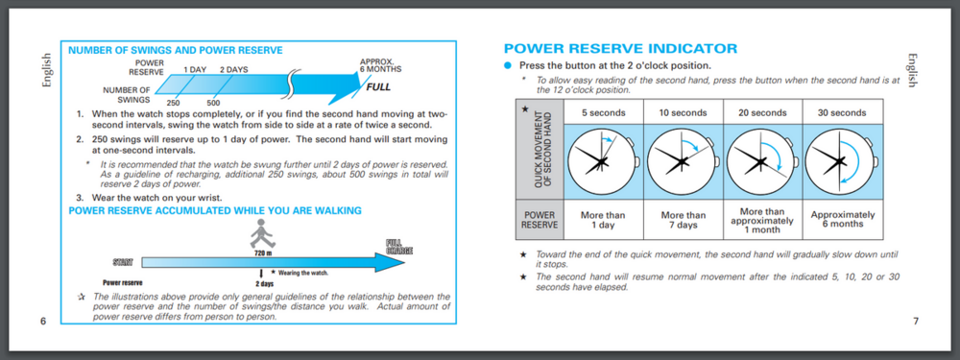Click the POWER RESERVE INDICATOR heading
click(x=620, y=49)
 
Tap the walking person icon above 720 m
click(x=263, y=233)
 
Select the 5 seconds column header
click(x=603, y=112)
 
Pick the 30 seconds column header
click(x=842, y=112)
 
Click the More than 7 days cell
click(x=684, y=220)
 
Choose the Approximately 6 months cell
click(x=843, y=219)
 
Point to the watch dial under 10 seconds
click(x=680, y=161)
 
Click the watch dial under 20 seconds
click(x=759, y=161)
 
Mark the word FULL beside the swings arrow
click(x=378, y=87)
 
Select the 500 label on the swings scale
click(x=214, y=104)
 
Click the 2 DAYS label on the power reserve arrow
click(x=234, y=70)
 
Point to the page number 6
click(x=43, y=321)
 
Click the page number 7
click(x=916, y=321)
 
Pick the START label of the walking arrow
click(x=123, y=263)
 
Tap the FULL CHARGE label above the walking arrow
click(x=399, y=247)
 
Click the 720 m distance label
click(x=263, y=252)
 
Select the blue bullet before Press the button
click(x=507, y=65)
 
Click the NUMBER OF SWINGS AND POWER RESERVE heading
click(x=175, y=51)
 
